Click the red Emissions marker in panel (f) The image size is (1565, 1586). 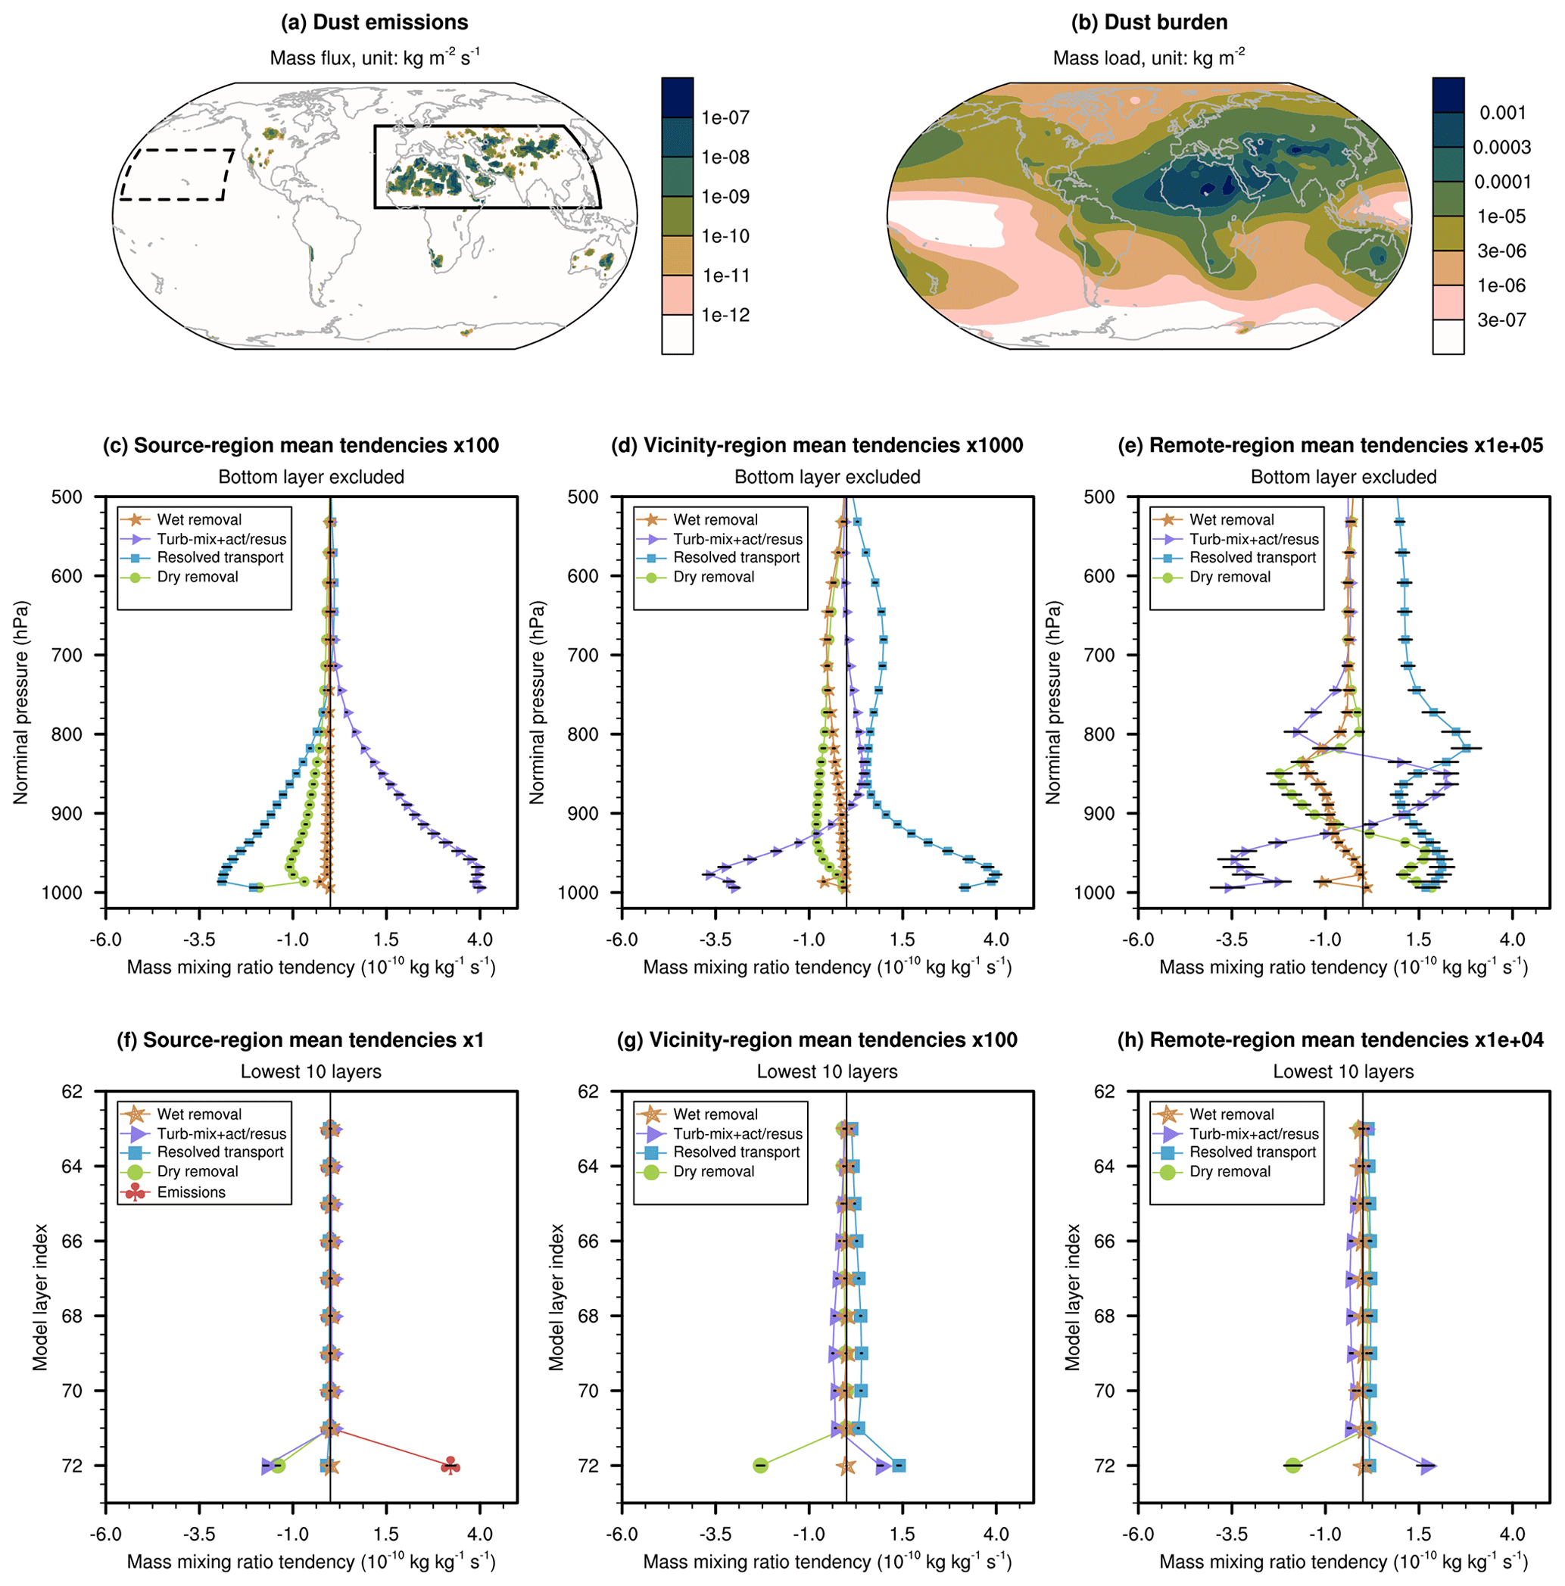(x=450, y=1466)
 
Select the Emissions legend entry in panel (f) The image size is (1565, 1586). (x=191, y=1192)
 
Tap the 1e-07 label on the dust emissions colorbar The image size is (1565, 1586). (x=725, y=117)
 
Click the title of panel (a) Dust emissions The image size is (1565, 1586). (x=375, y=22)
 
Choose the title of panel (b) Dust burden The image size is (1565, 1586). (x=1149, y=22)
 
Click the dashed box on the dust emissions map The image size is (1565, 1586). (x=176, y=174)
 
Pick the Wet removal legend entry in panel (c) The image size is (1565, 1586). (x=198, y=519)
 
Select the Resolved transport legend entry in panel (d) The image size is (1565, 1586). (x=737, y=557)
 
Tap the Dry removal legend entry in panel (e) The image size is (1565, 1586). (x=1229, y=576)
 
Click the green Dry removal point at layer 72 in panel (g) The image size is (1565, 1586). (x=760, y=1466)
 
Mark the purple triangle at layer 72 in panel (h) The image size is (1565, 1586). (x=1427, y=1466)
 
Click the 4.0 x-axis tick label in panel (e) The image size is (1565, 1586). (x=1512, y=939)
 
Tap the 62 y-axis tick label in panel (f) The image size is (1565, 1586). (x=71, y=1091)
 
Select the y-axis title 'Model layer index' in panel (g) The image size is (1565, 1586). (x=556, y=1297)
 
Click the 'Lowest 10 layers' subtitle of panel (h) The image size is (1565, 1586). (x=1343, y=1071)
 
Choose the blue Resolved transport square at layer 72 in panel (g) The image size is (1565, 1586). (x=899, y=1466)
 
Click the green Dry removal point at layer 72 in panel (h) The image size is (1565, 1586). (x=1292, y=1466)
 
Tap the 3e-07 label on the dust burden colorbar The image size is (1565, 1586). (x=1501, y=320)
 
